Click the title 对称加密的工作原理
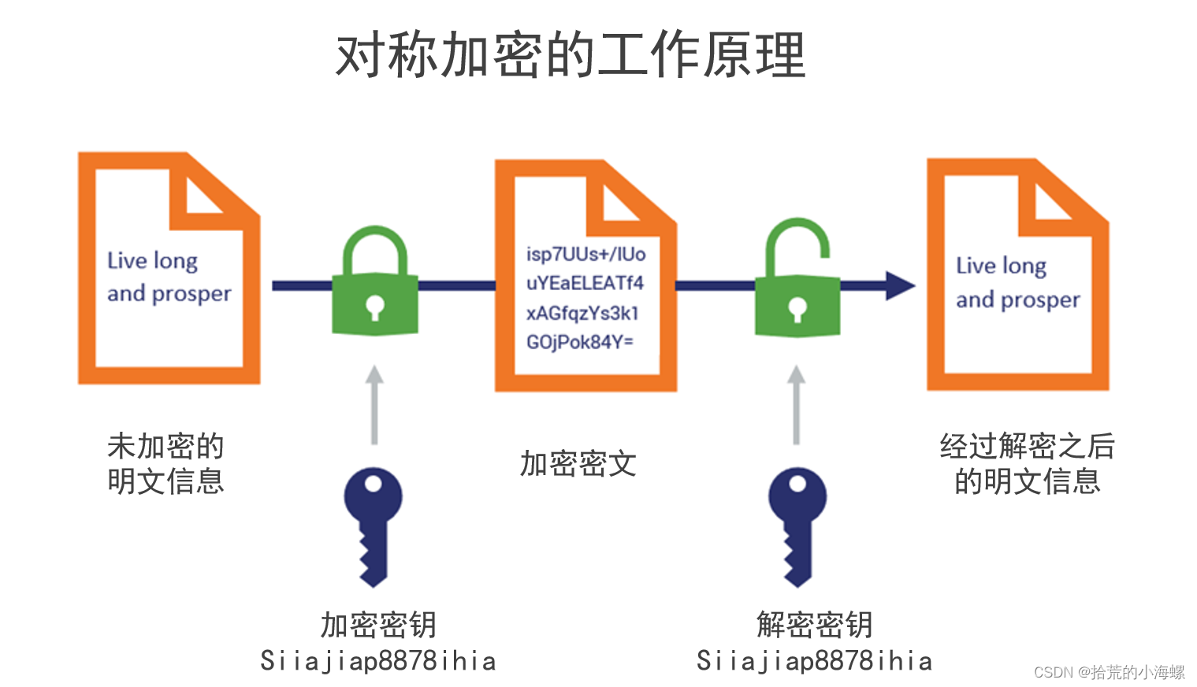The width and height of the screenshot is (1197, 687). coord(571,55)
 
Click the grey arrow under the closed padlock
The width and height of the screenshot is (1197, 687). coord(374,405)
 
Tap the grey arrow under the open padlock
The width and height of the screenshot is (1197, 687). coord(797,405)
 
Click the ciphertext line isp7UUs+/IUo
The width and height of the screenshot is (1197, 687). coord(585,254)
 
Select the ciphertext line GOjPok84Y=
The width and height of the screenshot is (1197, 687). coord(579,342)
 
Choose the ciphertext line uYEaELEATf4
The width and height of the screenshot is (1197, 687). coord(585,283)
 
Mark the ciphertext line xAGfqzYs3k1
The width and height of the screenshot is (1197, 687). coord(582,313)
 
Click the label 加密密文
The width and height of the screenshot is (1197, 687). coord(578,464)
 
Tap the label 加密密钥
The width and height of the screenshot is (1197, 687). coord(378,625)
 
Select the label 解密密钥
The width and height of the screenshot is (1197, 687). coord(815,625)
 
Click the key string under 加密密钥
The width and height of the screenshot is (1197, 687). coord(378,661)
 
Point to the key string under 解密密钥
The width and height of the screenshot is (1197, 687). coord(815,661)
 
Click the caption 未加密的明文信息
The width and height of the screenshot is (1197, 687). coord(165,463)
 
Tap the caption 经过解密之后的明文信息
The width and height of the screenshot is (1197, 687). coord(1027,463)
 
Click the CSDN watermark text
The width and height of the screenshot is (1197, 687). coord(1109,672)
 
